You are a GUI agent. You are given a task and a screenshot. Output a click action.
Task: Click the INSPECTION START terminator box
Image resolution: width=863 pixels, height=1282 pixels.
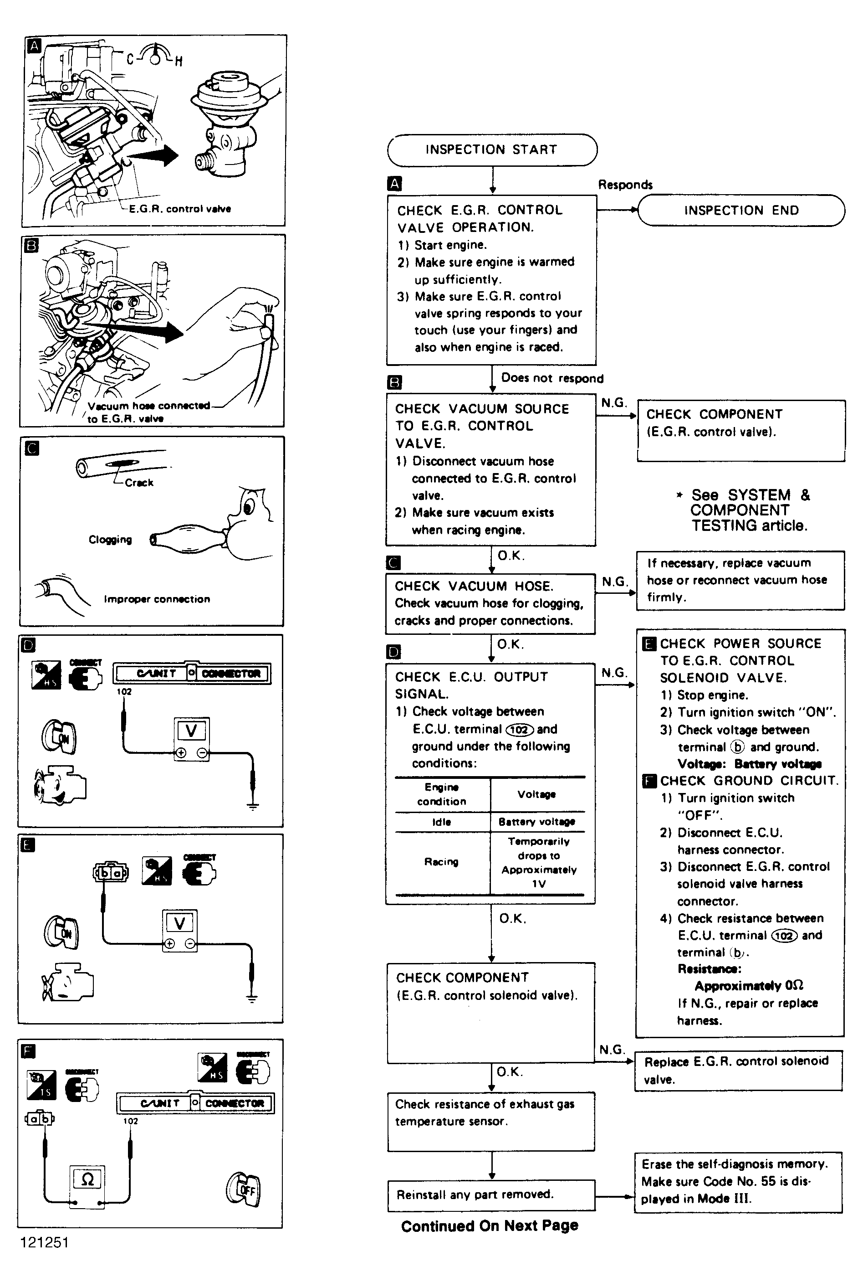coord(491,150)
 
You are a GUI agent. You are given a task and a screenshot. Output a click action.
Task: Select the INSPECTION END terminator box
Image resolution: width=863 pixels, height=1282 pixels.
coord(741,211)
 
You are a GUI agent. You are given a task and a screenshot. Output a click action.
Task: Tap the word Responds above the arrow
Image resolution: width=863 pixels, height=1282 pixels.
coord(625,185)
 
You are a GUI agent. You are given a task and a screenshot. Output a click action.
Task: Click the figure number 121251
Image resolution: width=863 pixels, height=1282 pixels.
coord(45,1242)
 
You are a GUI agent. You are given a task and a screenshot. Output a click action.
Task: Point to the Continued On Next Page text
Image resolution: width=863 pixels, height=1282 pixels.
coord(489,1226)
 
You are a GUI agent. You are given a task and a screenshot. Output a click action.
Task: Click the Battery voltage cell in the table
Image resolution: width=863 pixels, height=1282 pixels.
coord(536,822)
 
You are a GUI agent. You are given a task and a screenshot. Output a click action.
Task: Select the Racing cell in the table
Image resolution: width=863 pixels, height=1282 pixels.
coord(441,861)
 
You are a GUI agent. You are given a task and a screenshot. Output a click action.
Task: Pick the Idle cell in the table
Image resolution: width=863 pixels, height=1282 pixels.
coord(441,822)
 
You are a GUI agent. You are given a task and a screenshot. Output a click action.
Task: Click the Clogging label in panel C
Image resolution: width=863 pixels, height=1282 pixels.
coord(110,540)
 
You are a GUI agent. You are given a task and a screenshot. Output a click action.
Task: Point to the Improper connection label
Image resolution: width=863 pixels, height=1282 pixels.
coord(157,599)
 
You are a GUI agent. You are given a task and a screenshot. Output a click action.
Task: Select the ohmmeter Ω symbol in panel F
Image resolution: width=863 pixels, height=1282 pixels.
coord(87,1179)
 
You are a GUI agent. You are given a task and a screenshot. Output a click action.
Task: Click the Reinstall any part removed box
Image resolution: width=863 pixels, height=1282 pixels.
coord(491,1194)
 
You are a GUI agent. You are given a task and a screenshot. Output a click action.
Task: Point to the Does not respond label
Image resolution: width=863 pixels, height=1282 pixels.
coord(552,378)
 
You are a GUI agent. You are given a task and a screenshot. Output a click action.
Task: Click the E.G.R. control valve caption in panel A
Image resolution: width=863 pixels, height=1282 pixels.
coord(180,209)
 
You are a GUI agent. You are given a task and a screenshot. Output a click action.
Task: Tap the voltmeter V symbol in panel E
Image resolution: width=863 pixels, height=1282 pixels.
coord(179,923)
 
